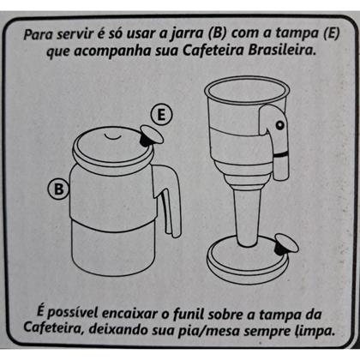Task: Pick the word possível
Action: [70, 309]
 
